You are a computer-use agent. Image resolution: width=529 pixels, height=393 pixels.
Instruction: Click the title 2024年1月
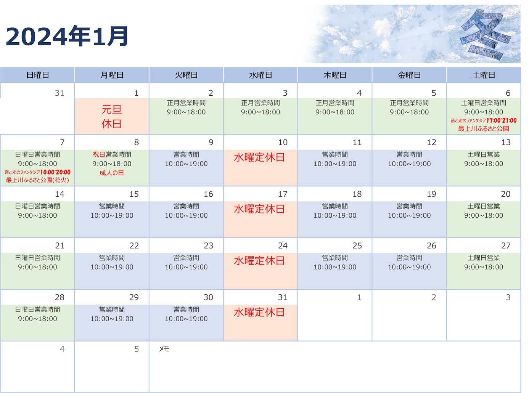coord(67,36)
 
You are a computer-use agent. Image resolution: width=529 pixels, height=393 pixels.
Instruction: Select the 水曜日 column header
coord(260,75)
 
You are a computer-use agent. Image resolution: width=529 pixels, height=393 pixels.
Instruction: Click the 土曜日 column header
coord(484,75)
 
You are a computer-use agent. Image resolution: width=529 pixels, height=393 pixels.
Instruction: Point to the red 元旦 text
coord(112,109)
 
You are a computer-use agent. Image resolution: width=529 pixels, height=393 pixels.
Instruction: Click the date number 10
coord(283,142)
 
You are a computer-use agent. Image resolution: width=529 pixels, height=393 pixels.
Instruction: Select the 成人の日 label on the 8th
coord(112,173)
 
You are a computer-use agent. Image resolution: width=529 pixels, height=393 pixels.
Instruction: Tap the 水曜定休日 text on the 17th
coord(259,209)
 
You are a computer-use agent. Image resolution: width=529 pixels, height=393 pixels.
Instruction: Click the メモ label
coord(164,349)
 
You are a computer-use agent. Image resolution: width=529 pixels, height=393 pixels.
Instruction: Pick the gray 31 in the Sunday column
coord(59,93)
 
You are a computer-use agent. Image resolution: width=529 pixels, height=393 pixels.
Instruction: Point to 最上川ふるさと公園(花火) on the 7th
coord(37,180)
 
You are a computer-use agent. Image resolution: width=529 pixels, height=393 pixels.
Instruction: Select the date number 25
coord(357,245)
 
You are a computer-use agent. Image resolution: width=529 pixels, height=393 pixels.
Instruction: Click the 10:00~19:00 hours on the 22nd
coord(112,267)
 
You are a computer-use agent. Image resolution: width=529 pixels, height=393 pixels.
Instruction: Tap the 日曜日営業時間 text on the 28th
coord(37,310)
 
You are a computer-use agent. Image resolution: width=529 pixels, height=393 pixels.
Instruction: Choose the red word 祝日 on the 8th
coord(99,154)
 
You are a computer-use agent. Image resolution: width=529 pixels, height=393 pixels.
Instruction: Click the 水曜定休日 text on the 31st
coord(259,313)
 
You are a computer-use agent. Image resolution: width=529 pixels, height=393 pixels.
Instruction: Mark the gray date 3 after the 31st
coord(508,297)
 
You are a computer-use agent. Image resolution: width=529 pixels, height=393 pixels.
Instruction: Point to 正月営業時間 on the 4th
coord(335,103)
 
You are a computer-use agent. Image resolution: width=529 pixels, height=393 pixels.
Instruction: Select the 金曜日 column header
coord(409,75)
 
